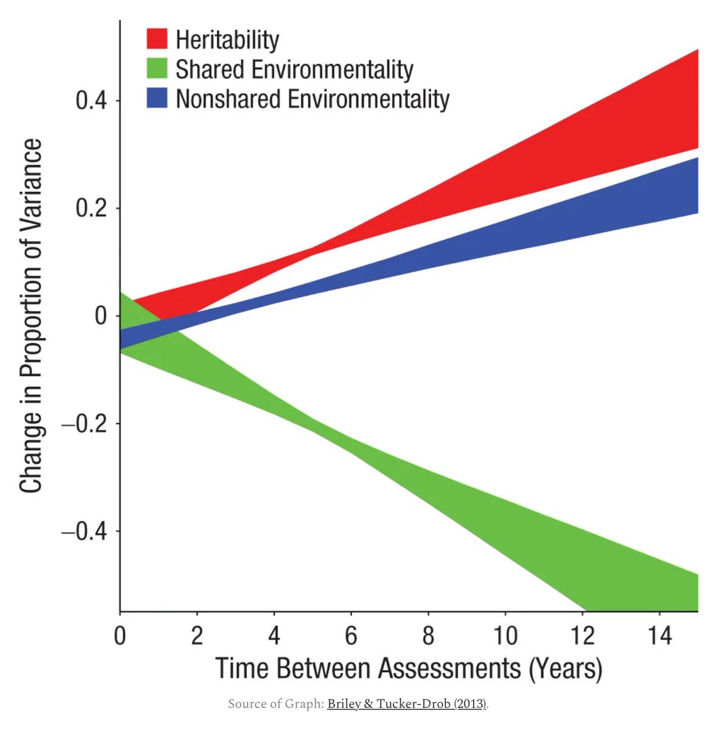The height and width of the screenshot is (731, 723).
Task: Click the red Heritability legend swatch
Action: (157, 39)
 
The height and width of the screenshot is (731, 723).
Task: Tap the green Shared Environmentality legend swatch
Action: (157, 69)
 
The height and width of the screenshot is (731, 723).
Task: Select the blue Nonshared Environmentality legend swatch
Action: (157, 99)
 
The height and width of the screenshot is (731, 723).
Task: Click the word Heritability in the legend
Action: (227, 40)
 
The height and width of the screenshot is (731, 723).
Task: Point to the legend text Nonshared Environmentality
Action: (312, 99)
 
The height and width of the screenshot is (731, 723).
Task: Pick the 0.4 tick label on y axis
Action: (91, 101)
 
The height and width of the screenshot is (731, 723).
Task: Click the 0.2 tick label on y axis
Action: (91, 208)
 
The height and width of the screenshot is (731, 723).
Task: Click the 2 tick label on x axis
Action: (197, 635)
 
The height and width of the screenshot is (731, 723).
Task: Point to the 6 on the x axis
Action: (351, 635)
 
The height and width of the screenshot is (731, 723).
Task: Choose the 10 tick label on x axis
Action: (505, 635)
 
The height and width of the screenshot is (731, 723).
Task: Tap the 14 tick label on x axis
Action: (659, 635)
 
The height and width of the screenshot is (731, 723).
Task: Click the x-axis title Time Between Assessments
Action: (408, 668)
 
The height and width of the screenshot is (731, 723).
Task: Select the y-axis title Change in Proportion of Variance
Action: (30, 316)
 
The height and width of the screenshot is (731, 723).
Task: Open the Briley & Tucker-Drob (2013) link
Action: (407, 704)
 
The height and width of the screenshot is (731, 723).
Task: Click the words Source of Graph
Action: (275, 704)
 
